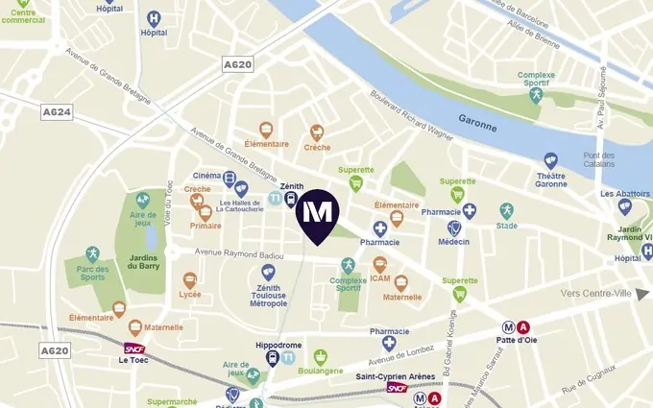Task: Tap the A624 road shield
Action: coord(58,113)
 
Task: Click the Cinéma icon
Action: coord(230,178)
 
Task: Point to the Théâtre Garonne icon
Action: coord(550,161)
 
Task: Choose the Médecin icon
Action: coord(454,228)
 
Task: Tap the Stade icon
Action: coord(506,210)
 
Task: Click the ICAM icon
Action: coord(380,264)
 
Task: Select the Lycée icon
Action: coord(190,281)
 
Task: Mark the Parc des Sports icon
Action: coord(92,254)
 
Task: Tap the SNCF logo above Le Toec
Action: coord(134,349)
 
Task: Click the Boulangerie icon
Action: coord(321,357)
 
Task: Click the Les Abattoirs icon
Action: coord(624,206)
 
